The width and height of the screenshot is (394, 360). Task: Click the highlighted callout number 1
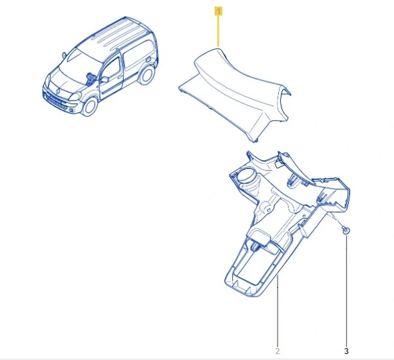[x=218, y=12]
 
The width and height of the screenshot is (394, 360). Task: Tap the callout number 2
[x=278, y=351]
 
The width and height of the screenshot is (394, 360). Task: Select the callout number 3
[x=346, y=351]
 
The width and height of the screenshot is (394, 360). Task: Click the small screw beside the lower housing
[x=345, y=230]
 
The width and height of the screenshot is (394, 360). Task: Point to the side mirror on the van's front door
[x=104, y=79]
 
